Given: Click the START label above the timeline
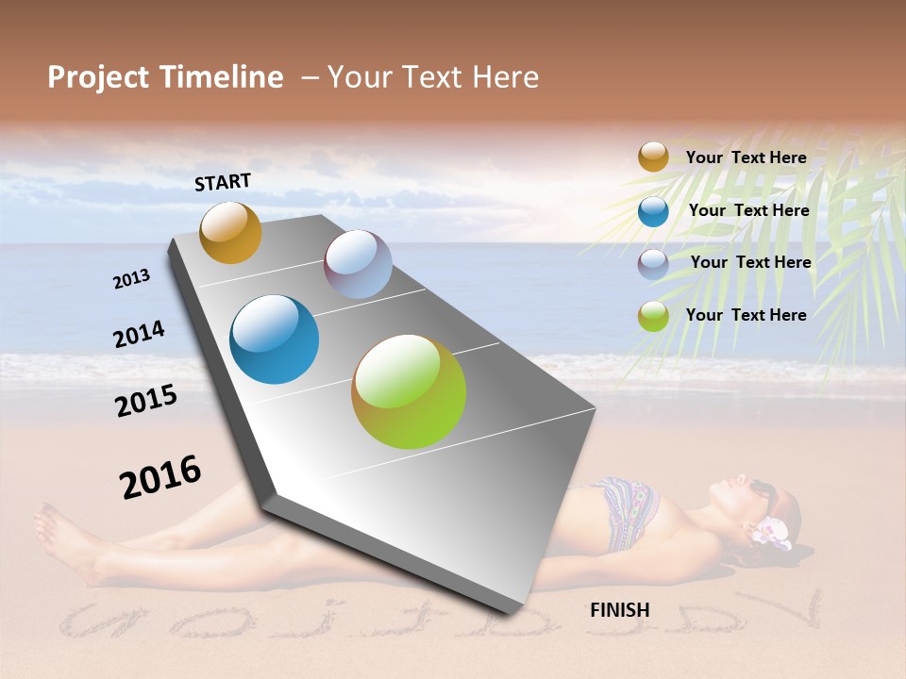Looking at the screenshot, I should coord(223,182).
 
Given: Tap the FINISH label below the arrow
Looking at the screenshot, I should coord(619,610).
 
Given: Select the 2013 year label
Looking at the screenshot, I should coord(131,279).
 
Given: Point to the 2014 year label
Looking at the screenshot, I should coord(139,335).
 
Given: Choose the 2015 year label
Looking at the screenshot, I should coord(146,401).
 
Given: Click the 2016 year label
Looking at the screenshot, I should coord(160,477).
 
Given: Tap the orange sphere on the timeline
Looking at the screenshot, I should coord(230,232).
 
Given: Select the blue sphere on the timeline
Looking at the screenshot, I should coord(274,339).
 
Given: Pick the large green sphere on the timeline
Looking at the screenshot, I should coord(409,391).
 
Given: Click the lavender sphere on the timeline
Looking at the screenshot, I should coord(358,264).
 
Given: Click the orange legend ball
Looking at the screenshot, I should coord(653,157).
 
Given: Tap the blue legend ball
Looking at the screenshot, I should coord(653,211).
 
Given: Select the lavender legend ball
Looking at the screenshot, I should coord(653,264).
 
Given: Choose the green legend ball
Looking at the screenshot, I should coord(653,316).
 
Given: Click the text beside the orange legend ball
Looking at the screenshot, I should coord(747,157).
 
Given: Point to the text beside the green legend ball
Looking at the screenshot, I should coord(747,315).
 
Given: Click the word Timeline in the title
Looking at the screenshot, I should coord(223,77).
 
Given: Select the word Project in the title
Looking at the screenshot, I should coord(97,77).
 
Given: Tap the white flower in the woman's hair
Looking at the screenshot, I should coord(769,532).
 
